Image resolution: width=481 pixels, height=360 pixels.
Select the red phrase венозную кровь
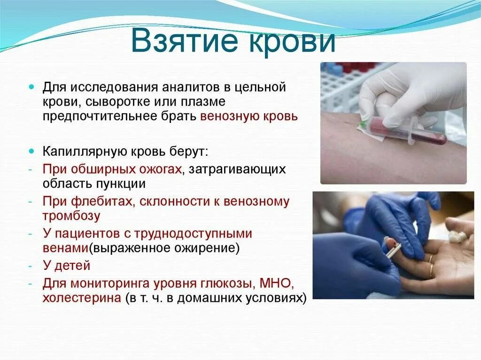249,117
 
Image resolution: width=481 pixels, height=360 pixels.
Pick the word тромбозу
71,216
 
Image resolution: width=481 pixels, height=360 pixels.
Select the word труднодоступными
193,234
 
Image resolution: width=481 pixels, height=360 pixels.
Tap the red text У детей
67,266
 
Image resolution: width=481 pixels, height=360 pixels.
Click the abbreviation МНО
275,283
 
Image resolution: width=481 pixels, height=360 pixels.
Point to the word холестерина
82,298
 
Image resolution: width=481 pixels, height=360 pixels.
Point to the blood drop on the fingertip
391,244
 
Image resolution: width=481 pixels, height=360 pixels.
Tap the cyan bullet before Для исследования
31,87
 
